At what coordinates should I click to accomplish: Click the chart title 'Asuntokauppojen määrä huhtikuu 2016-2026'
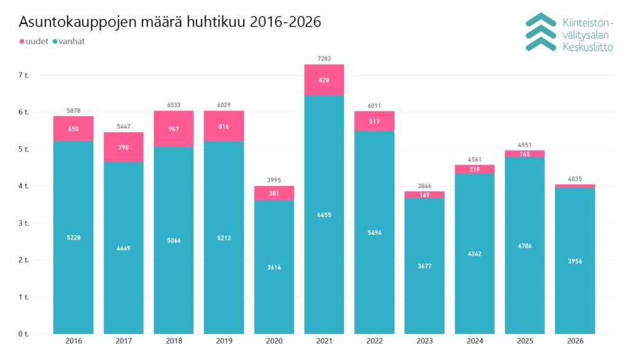tap(170, 22)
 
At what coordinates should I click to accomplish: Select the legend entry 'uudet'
tap(34, 41)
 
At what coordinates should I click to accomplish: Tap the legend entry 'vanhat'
tap(69, 41)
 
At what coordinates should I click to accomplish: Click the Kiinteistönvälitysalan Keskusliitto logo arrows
tap(541, 32)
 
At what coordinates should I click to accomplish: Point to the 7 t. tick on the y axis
tap(24, 75)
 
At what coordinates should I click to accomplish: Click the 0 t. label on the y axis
tap(24, 334)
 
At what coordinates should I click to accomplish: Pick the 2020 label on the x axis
tap(274, 341)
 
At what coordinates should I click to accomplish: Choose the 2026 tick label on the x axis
tap(575, 341)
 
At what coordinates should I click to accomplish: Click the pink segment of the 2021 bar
tap(324, 80)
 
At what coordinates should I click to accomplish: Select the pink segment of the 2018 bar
tap(174, 129)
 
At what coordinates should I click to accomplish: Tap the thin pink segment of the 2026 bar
tap(575, 186)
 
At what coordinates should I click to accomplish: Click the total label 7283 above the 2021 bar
tap(324, 58)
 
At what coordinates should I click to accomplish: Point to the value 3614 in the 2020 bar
tap(274, 267)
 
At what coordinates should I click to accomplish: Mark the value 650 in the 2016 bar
tap(74, 129)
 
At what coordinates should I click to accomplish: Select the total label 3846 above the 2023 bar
tap(424, 186)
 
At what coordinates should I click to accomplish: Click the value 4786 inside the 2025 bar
tap(525, 246)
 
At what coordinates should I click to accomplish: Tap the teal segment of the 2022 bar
tap(374, 232)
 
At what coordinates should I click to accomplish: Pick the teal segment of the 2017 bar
tap(123, 248)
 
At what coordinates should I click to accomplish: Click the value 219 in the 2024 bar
tap(475, 170)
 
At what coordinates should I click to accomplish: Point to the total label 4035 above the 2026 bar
tap(575, 179)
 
